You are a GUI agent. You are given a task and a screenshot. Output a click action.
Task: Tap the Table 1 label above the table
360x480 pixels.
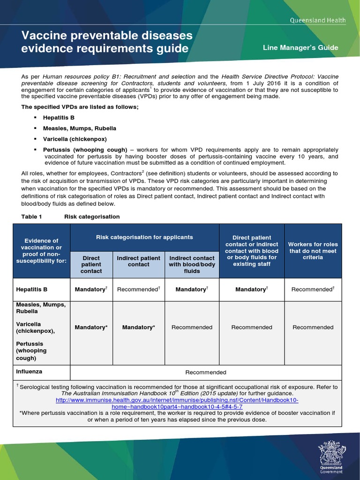(32, 217)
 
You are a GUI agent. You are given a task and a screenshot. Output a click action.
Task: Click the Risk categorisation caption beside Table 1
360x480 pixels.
(92, 217)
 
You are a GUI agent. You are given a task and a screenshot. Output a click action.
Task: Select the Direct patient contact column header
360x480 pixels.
(91, 264)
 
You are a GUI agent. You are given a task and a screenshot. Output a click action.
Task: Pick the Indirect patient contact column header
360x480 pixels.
(138, 261)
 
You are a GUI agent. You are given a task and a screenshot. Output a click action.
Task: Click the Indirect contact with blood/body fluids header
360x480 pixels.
(192, 264)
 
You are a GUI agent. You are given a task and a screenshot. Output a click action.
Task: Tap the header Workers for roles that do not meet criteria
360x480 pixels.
(313, 251)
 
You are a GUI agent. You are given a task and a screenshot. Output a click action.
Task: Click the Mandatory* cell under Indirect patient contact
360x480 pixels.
(138, 327)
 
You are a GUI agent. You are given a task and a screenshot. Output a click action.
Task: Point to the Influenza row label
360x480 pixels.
(29, 371)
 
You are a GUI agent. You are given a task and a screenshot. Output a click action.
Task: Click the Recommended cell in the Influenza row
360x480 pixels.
(206, 372)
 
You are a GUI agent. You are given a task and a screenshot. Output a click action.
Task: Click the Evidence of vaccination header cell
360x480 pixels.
(42, 251)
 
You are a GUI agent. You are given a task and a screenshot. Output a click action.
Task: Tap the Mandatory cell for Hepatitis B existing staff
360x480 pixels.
(252, 290)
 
